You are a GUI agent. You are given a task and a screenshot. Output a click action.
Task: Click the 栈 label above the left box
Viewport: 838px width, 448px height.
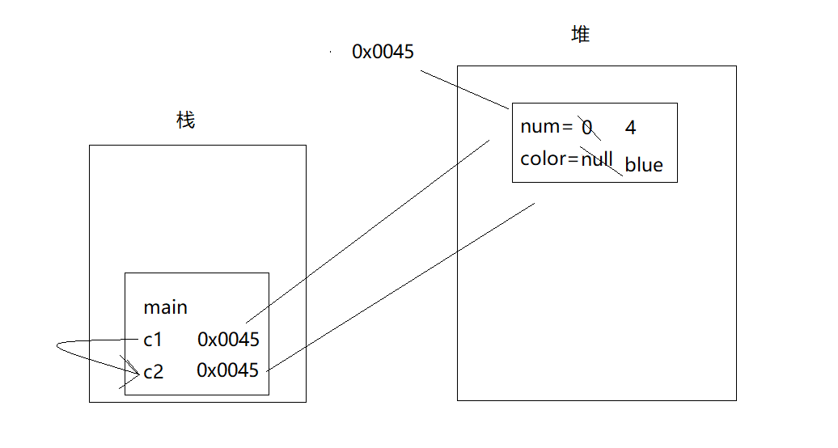(186, 121)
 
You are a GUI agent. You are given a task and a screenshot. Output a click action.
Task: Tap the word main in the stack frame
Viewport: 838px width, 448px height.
(165, 307)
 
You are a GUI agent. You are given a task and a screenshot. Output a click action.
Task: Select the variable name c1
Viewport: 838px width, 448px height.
(153, 340)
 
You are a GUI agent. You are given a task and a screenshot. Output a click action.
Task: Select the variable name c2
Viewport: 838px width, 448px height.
(153, 372)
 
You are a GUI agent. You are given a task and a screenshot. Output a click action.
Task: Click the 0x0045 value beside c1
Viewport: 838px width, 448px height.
(228, 340)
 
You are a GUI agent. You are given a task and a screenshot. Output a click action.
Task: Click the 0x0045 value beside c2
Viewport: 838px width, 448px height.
(228, 370)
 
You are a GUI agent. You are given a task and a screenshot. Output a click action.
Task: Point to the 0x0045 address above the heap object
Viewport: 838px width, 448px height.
(383, 52)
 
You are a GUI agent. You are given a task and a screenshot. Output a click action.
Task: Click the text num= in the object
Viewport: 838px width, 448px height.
(546, 127)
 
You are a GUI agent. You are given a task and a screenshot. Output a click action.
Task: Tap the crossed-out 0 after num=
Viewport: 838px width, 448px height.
(587, 128)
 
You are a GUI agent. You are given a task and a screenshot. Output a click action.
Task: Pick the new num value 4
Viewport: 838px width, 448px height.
(631, 128)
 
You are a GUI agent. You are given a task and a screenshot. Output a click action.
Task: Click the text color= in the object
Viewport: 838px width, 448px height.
(549, 158)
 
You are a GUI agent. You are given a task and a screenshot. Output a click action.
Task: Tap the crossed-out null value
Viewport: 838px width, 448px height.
(597, 158)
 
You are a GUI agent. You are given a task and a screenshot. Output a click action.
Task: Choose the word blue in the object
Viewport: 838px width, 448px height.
(644, 165)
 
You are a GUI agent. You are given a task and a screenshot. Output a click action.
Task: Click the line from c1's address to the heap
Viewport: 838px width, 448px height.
(368, 230)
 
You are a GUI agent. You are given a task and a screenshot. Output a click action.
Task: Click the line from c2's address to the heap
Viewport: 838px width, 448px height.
(400, 287)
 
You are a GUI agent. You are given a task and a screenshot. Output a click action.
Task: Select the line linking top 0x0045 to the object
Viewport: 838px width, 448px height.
(465, 89)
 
